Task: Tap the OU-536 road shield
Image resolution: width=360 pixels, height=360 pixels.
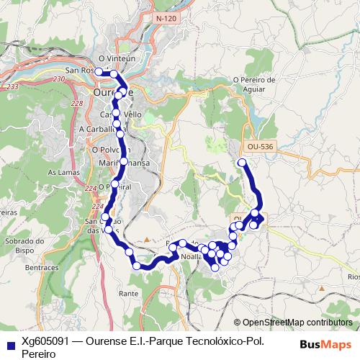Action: point(259,146)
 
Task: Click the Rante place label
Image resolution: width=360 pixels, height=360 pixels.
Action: point(129,294)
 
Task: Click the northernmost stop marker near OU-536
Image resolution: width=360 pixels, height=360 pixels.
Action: point(242,162)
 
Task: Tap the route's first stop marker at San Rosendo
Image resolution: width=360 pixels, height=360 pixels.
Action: point(99,72)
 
